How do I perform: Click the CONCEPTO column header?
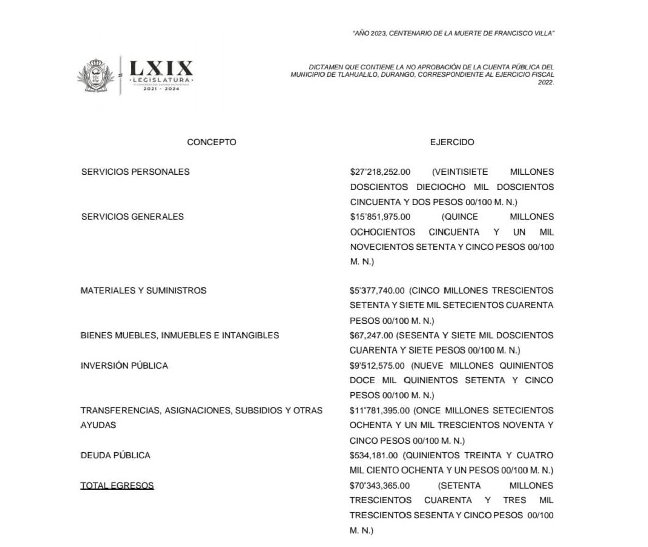tap(212, 142)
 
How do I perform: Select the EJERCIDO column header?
tap(452, 142)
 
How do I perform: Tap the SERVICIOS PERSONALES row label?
tap(135, 172)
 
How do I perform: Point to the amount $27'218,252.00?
tap(380, 172)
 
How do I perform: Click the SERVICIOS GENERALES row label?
tap(132, 217)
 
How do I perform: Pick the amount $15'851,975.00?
tap(380, 217)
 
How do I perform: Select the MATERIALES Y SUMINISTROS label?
tap(143, 291)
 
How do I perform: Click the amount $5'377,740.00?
tap(377, 291)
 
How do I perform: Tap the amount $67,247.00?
tap(371, 335)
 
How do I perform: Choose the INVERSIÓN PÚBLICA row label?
tap(124, 366)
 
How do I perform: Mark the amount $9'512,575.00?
tap(377, 366)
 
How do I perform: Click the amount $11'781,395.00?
tap(379, 410)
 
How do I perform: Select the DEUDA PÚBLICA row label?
tap(115, 455)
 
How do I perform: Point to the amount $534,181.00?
tap(374, 455)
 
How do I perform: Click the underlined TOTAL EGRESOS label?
tap(117, 485)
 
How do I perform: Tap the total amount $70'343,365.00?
tap(380, 485)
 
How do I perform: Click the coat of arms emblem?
tap(95, 76)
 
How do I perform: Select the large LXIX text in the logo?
tap(161, 68)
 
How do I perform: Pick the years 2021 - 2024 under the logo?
tap(161, 89)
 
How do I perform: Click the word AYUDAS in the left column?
tap(98, 425)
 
